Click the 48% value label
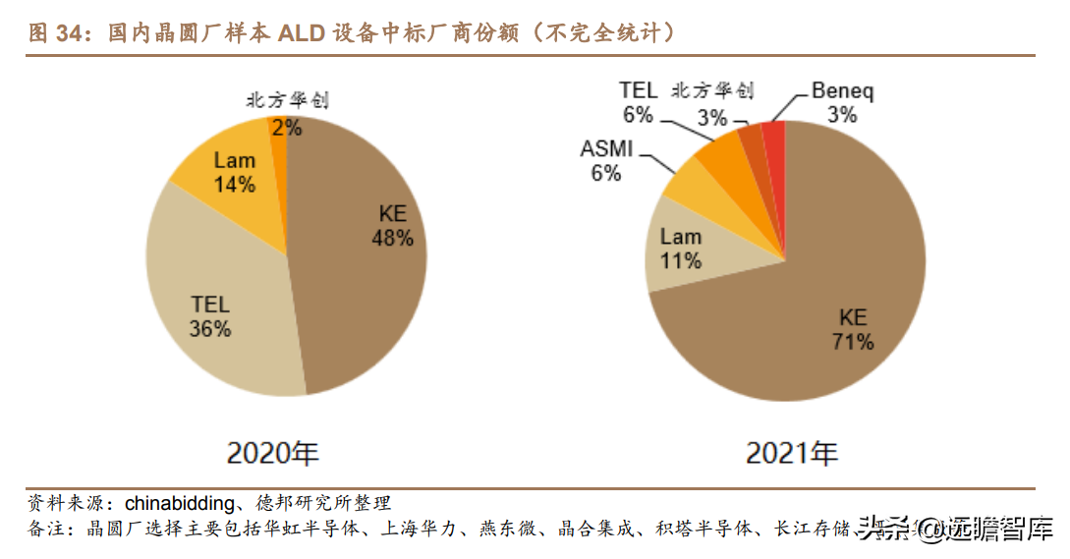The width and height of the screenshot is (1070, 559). (392, 238)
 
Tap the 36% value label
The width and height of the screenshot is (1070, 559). (209, 329)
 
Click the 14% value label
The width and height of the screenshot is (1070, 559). (235, 184)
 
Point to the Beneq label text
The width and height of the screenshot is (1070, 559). (842, 92)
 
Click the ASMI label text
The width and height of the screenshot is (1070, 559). (606, 150)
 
